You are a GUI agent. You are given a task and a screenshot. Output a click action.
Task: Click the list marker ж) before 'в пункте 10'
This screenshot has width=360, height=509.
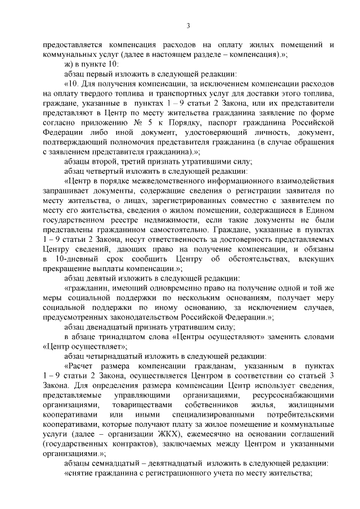(x=69, y=64)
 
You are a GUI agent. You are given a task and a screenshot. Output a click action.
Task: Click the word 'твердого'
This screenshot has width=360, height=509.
(x=88, y=94)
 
